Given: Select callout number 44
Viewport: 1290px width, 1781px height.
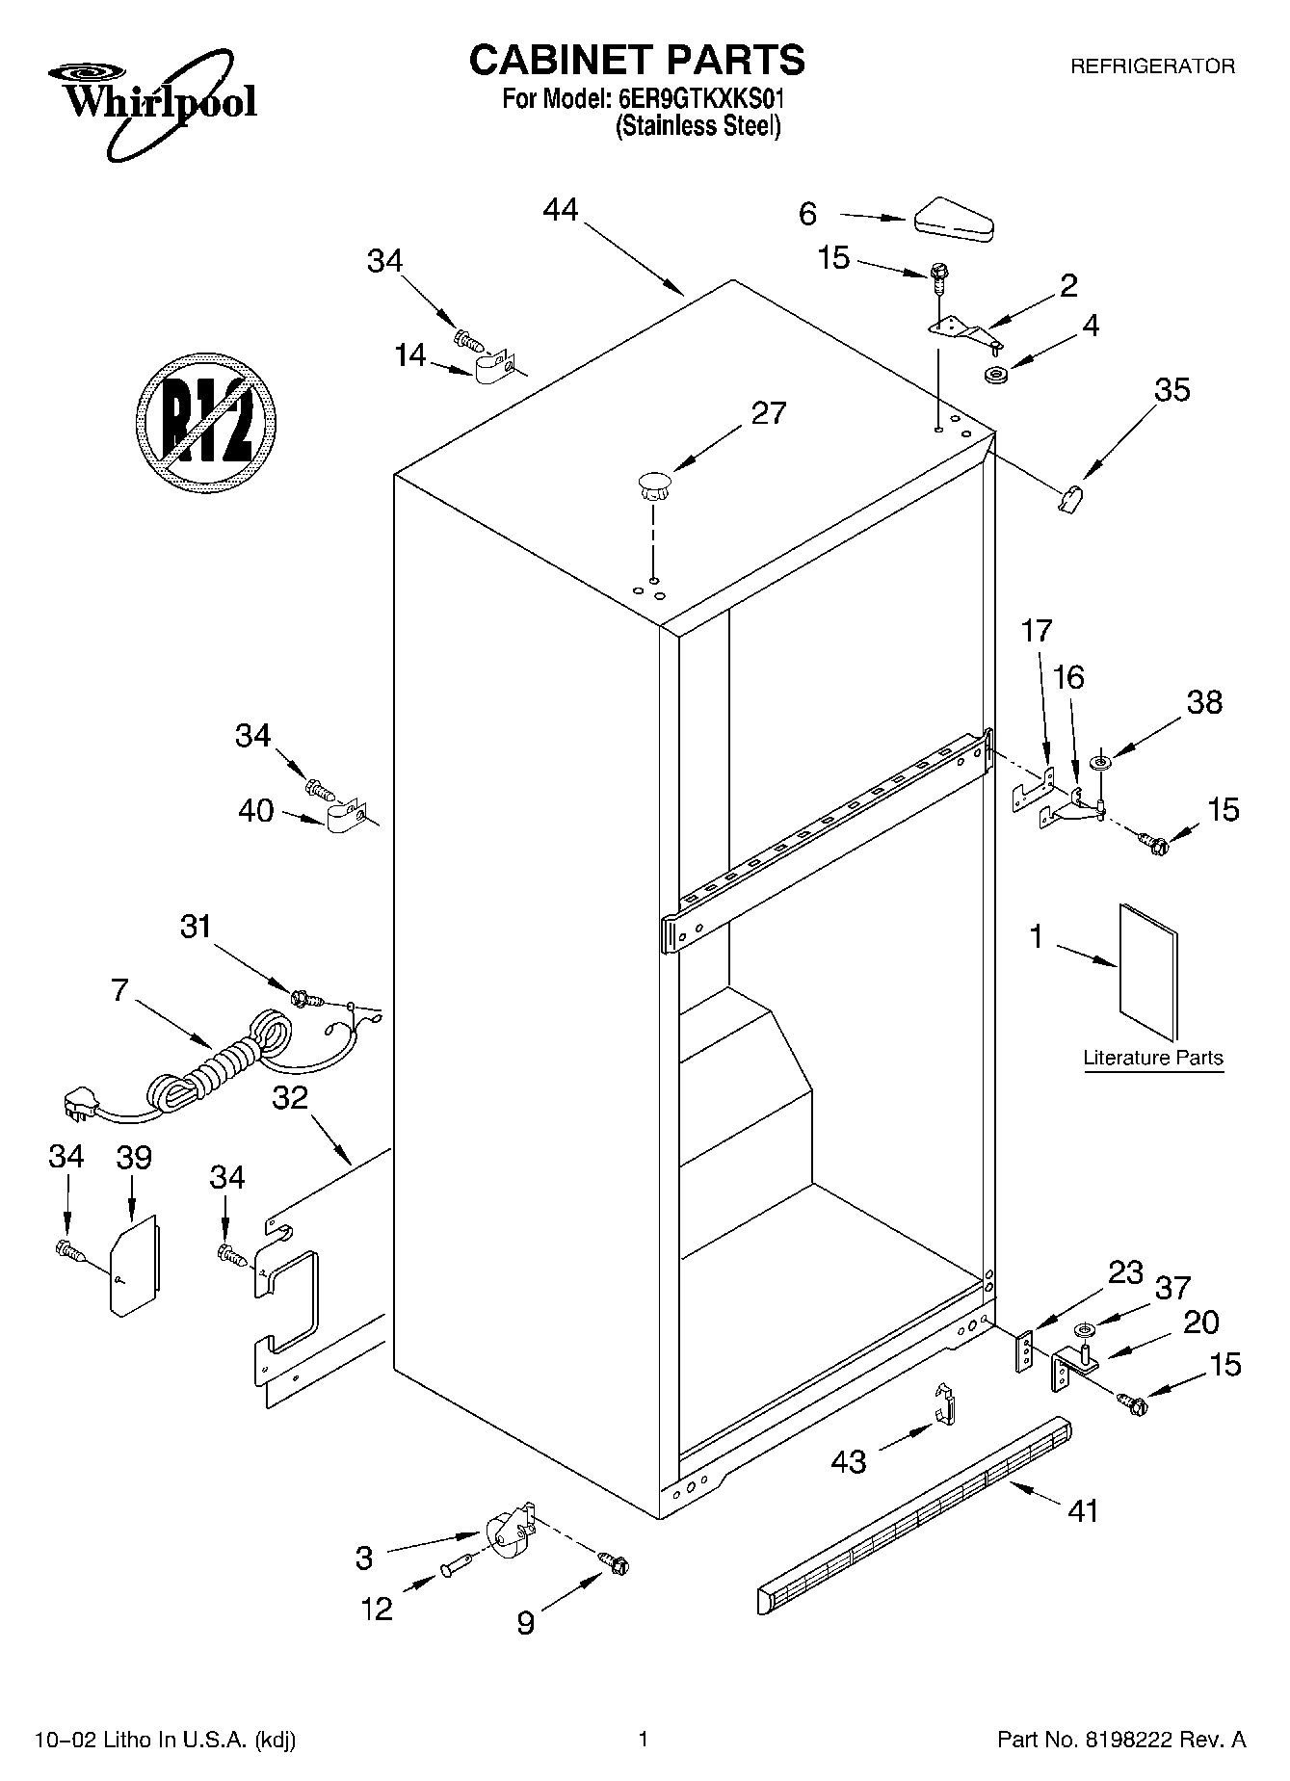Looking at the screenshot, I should tap(561, 209).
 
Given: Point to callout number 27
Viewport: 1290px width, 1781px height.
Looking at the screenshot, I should tap(769, 413).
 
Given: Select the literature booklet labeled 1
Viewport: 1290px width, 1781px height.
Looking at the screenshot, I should tap(1148, 972).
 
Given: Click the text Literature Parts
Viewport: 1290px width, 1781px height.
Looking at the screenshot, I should tap(1152, 1058).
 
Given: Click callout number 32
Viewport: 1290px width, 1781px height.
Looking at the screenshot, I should tap(290, 1096).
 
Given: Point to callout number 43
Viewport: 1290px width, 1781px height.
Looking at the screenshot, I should tap(849, 1462).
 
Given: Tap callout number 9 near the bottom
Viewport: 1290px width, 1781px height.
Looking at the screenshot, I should tap(525, 1624).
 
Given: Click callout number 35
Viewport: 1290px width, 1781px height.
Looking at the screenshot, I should tap(1172, 390).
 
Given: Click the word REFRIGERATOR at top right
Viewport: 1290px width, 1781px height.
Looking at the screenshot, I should tap(1152, 66).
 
